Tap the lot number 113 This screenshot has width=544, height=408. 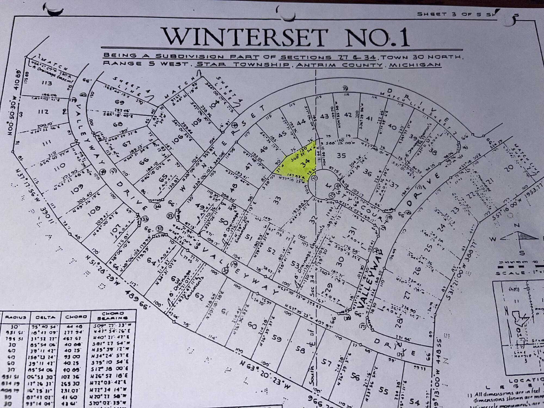47,83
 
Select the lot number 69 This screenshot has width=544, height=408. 120,102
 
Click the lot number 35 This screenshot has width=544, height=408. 341,155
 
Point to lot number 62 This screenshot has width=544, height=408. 199,297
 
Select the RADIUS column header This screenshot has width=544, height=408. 16,317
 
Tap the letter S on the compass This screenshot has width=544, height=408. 521,253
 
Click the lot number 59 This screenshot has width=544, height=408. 277,338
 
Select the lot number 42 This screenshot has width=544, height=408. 348,115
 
